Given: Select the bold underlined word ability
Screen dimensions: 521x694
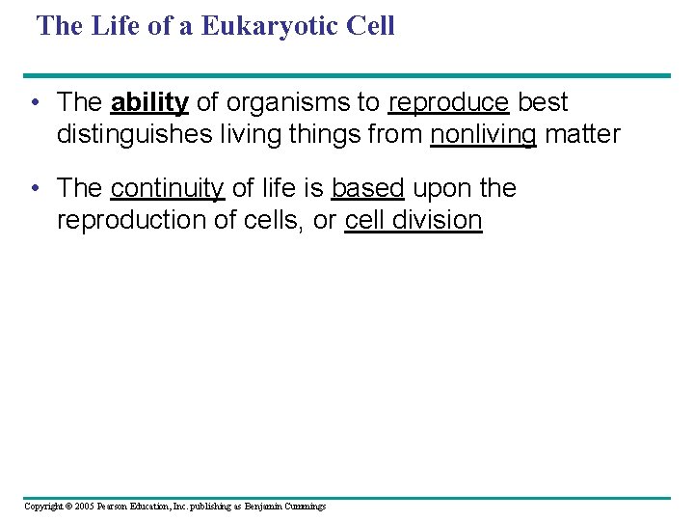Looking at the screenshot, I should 149,102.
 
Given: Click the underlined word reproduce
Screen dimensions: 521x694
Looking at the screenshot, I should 448,102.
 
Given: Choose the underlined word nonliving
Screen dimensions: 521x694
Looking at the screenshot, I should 483,134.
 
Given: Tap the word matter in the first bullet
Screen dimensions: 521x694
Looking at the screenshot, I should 582,134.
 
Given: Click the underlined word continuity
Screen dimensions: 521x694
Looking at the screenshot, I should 168,188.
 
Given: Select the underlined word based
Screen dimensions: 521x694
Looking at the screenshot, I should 367,188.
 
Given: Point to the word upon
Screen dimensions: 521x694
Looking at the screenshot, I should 440,188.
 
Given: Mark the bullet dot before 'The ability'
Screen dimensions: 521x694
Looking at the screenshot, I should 34,103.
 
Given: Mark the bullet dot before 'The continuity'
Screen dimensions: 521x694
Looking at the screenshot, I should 34,189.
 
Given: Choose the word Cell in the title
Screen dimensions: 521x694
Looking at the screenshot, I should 368,26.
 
